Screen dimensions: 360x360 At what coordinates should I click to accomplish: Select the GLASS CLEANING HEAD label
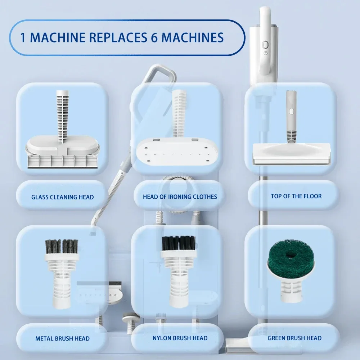coord(62,197)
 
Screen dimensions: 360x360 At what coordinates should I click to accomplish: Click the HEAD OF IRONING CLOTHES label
coord(180,197)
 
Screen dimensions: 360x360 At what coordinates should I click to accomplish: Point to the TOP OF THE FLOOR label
coord(296,196)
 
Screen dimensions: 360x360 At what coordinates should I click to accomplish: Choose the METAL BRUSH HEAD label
coord(62,338)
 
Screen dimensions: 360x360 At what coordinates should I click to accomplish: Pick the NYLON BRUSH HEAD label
coord(180,338)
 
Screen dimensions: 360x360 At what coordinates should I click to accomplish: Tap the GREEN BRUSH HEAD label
coord(294,338)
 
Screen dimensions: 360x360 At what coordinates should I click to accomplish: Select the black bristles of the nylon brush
coord(178,243)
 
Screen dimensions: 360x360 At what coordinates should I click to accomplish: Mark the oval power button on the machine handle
coord(265,45)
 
